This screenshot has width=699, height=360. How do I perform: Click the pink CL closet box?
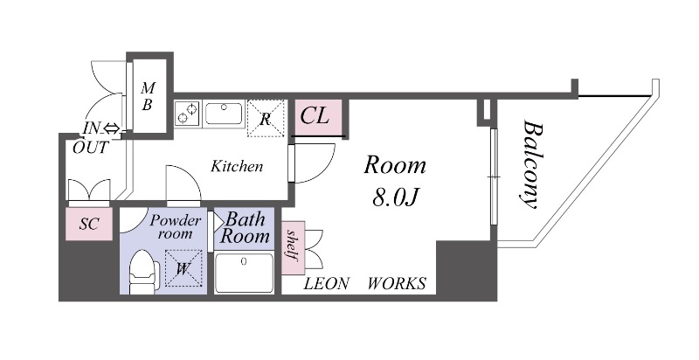pyautogui.click(x=319, y=117)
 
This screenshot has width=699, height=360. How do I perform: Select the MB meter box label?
pyautogui.click(x=148, y=96)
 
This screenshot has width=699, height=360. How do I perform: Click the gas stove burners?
pyautogui.click(x=188, y=114)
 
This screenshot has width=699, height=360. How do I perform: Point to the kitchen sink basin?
pyautogui.click(x=224, y=114)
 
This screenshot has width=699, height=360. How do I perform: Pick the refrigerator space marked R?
pyautogui.click(x=266, y=119)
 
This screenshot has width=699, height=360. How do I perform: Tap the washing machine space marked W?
pyautogui.click(x=183, y=268)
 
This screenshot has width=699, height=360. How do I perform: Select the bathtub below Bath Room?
pyautogui.click(x=244, y=273)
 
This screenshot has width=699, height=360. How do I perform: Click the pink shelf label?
pyautogui.click(x=293, y=248)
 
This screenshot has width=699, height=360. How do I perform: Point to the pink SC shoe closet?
pyautogui.click(x=89, y=224)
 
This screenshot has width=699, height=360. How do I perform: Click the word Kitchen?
pyautogui.click(x=237, y=167)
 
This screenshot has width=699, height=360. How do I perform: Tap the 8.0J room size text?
pyautogui.click(x=395, y=197)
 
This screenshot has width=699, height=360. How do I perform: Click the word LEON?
pyautogui.click(x=326, y=283)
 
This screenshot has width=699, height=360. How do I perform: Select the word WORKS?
pyautogui.click(x=397, y=283)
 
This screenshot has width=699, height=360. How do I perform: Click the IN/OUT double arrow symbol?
pyautogui.click(x=112, y=129)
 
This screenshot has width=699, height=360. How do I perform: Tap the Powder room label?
pyautogui.click(x=176, y=227)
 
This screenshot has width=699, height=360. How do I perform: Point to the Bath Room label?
pyautogui.click(x=245, y=228)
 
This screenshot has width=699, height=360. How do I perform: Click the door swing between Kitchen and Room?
pyautogui.click(x=314, y=163)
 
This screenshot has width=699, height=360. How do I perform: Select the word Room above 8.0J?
pyautogui.click(x=395, y=165)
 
